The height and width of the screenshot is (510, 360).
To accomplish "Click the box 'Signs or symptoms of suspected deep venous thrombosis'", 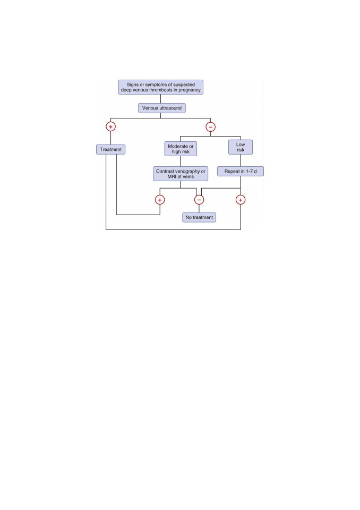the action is point(161,87).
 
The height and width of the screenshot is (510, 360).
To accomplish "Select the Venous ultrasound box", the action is point(161,108).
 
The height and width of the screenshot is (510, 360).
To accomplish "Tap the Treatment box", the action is point(110,149).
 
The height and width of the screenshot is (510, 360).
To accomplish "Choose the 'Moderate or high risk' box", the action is point(181,149).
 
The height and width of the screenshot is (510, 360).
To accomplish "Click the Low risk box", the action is point(241,147).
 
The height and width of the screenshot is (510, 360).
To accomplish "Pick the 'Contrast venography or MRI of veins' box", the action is point(181,174).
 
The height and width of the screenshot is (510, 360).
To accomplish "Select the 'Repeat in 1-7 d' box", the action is point(241,171).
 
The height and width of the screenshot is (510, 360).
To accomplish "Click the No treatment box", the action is point(199,217).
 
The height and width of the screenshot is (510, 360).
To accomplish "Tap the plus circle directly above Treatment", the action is point(110,126).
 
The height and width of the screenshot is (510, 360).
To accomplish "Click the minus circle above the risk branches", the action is point(210,127).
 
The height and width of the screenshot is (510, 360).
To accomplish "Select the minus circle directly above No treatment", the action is point(199,200).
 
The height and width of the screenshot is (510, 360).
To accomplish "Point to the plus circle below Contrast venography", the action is point(160,200).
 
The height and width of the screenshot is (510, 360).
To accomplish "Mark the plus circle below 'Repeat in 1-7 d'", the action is point(241,200).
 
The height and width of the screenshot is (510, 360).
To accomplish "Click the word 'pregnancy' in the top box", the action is point(190,90).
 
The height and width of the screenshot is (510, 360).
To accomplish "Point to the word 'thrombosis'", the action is point(161,90).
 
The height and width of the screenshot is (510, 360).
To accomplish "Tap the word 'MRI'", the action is point(172,176).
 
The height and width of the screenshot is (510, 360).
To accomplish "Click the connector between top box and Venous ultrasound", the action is point(161,99).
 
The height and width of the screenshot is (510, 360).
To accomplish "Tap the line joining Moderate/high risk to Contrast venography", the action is point(180,161).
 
